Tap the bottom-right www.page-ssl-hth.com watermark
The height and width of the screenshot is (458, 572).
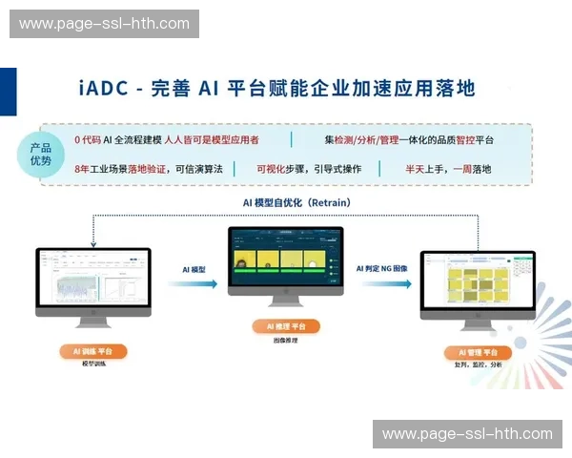click(x=467, y=434)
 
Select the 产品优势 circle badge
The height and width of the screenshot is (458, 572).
click(x=40, y=155)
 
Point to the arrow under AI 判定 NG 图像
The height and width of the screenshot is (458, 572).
click(x=381, y=283)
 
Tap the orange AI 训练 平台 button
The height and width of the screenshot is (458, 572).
click(x=93, y=351)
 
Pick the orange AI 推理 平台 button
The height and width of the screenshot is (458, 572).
click(x=286, y=326)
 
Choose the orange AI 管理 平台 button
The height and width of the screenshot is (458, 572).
click(x=478, y=352)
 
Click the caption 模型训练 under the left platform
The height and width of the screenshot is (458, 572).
click(x=93, y=364)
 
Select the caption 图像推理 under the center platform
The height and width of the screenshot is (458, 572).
click(x=286, y=339)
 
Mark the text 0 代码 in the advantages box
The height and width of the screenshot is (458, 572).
click(x=87, y=140)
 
